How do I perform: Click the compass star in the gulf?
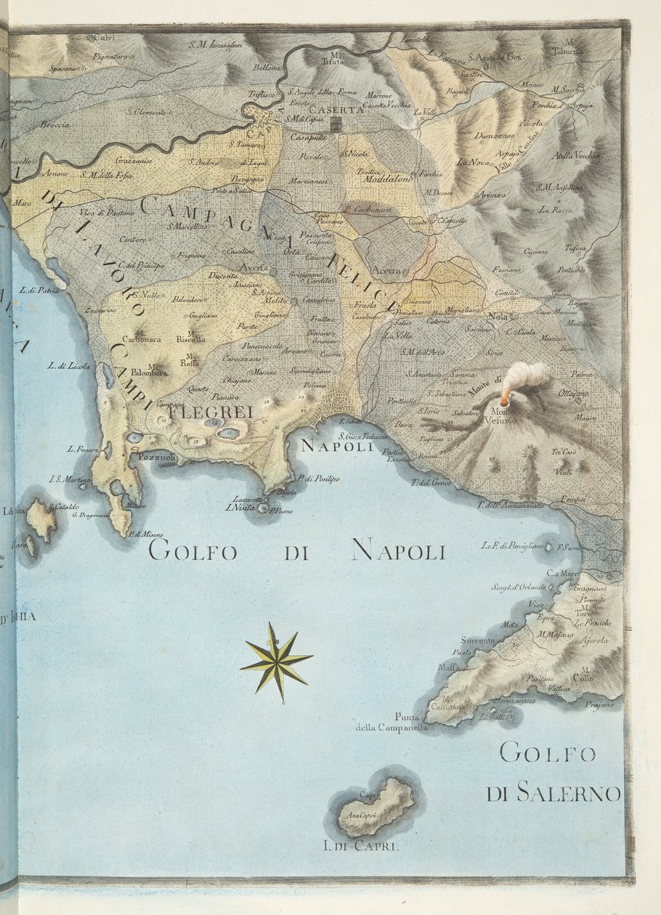(x=277, y=660)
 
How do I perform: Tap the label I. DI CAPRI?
(x=361, y=846)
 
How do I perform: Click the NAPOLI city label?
(x=337, y=447)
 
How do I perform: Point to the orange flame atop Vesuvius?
(x=504, y=399)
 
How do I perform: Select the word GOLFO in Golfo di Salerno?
(x=548, y=753)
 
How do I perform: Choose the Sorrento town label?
(x=477, y=640)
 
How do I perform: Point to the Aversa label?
(x=255, y=267)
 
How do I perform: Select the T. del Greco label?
(x=431, y=482)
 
